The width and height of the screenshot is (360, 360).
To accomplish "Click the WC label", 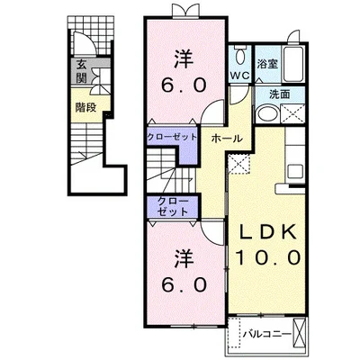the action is pos(239,76).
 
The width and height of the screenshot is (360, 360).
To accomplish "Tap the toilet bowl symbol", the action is pos(239,56).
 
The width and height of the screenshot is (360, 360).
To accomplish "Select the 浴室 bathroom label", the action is pos(267,64).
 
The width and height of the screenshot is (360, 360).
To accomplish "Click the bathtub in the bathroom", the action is pos(293,64).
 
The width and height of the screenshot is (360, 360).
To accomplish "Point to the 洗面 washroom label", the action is pos(280,94).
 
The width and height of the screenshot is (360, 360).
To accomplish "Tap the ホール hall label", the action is pos(227,139).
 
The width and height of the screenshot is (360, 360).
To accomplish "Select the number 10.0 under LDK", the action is pos(268,257).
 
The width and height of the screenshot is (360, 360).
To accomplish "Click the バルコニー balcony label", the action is pos(267,334).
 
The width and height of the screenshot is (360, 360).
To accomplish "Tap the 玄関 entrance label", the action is pos(81,71).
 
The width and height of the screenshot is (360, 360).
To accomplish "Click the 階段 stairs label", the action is pos(85,107).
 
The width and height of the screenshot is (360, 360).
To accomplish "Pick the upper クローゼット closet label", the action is pos(172,138).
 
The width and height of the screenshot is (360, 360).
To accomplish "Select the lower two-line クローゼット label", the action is pos(173,207).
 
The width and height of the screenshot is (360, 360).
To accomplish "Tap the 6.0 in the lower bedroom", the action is pos(184,284).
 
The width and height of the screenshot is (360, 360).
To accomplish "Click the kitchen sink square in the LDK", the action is pos(295,172).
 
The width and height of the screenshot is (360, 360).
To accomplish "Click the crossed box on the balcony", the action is pos(299,332).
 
